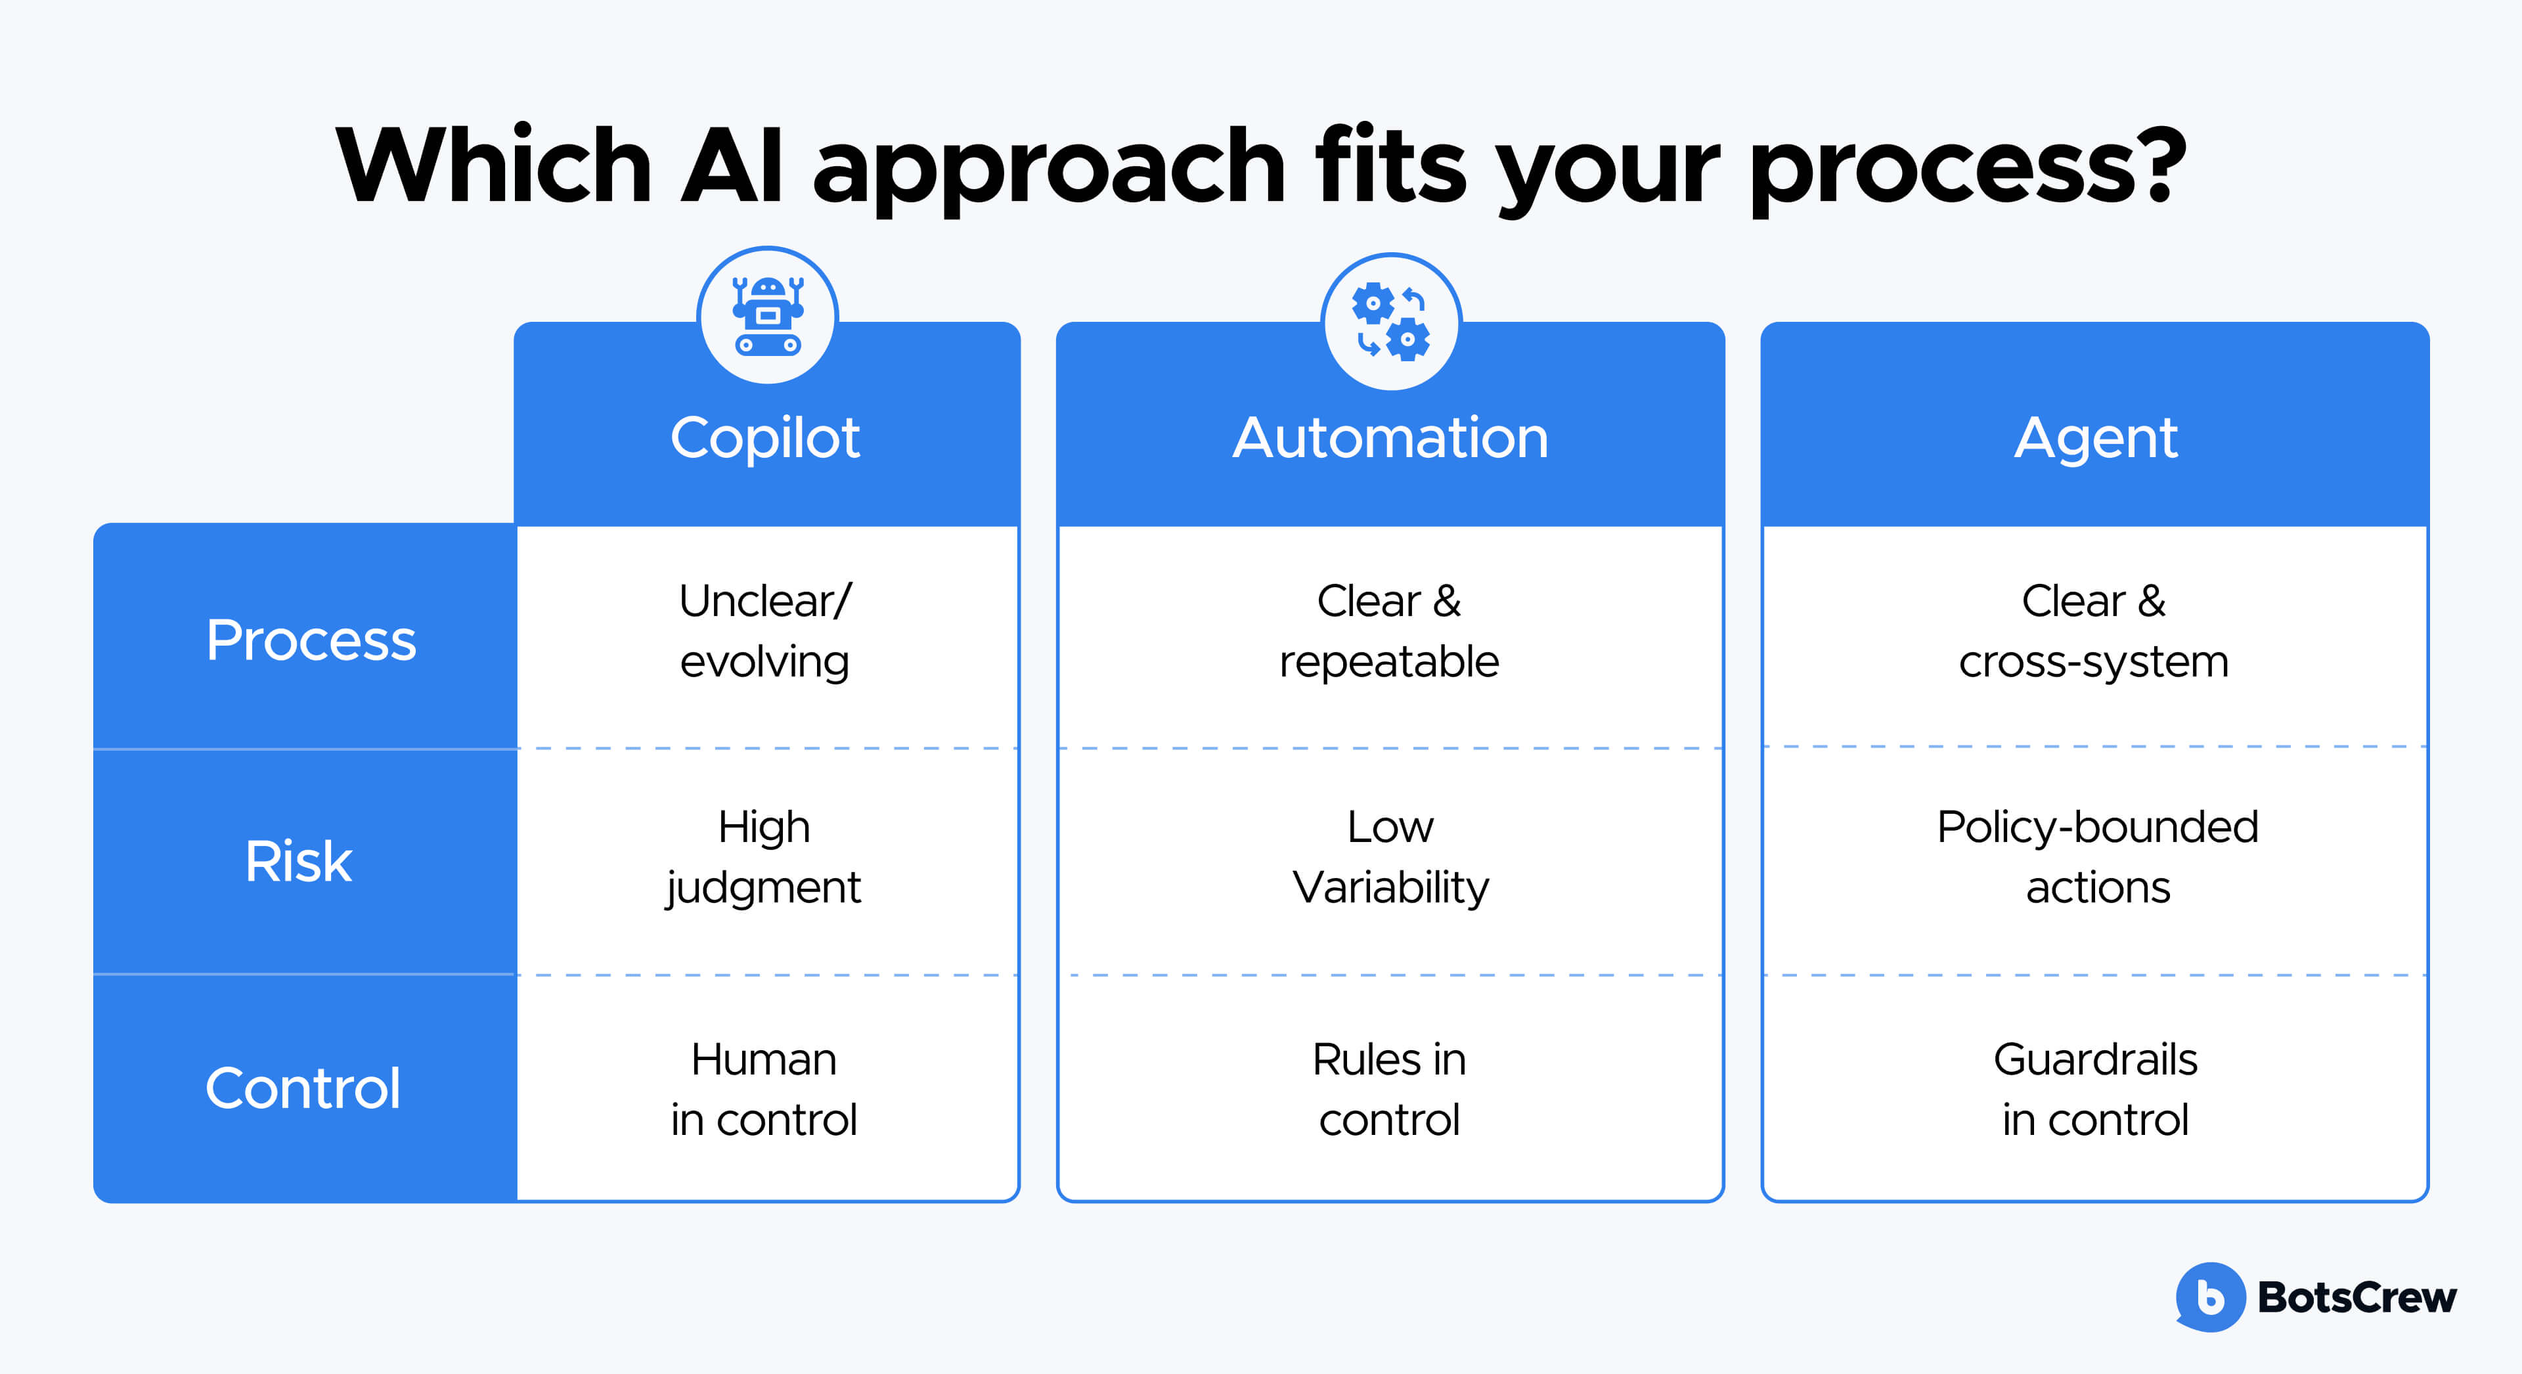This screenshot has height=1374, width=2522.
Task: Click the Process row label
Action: tap(311, 640)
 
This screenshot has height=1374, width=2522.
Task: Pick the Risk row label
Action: tap(299, 862)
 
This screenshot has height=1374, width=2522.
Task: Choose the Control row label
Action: tap(303, 1088)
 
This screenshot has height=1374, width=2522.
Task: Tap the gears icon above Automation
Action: tap(1390, 321)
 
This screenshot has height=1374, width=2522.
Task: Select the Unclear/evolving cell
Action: tap(764, 632)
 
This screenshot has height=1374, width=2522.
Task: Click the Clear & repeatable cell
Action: tap(1389, 632)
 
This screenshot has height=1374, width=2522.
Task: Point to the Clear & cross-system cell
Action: tap(2094, 632)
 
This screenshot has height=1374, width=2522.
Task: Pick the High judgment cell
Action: tap(764, 858)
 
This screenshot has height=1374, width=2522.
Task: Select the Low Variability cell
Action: tap(1390, 858)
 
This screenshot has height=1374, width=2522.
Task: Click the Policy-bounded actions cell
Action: tap(2097, 858)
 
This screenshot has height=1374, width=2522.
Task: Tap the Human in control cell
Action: tap(764, 1089)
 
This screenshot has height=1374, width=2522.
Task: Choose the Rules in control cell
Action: tap(1389, 1089)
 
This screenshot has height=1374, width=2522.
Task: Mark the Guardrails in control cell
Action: tap(2095, 1089)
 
